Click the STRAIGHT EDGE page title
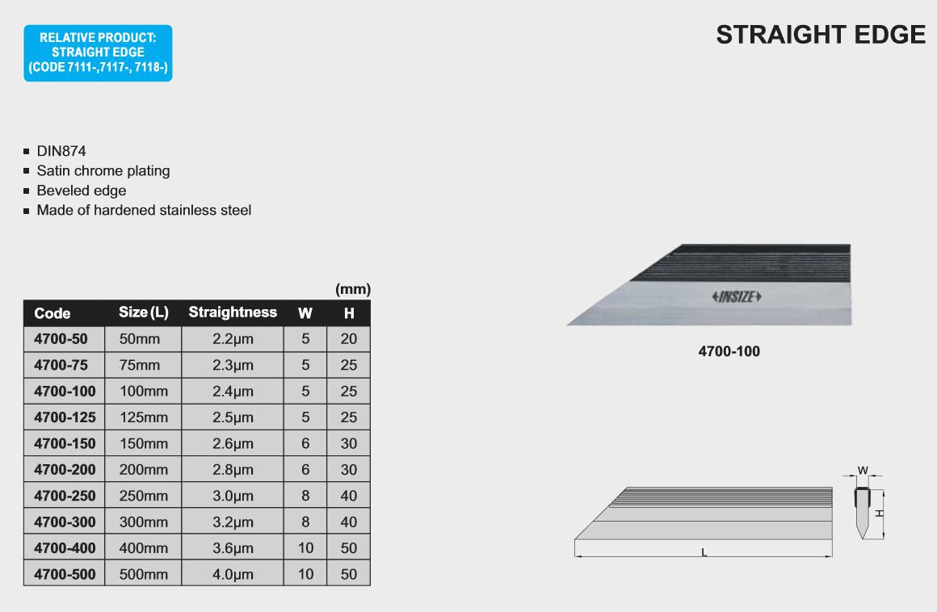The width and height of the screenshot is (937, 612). [x=821, y=35]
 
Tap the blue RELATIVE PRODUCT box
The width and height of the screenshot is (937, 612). [x=98, y=52]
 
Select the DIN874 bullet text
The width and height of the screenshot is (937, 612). [x=61, y=151]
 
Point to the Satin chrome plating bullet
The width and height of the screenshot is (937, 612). [x=103, y=171]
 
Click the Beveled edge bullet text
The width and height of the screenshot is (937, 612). [x=82, y=191]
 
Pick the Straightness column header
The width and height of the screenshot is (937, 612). [x=233, y=312]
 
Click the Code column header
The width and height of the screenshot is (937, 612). [x=52, y=313]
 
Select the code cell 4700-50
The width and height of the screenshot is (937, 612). [x=61, y=339]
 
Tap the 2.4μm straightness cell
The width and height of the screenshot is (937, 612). [x=233, y=392]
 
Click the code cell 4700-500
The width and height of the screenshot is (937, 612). [x=65, y=574]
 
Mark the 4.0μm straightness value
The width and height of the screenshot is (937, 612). [x=233, y=574]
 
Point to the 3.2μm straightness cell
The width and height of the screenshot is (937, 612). [x=233, y=522]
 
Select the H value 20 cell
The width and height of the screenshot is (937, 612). [x=349, y=339]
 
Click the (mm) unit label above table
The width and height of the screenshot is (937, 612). [x=353, y=290]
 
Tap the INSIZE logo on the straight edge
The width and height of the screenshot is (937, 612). [x=736, y=297]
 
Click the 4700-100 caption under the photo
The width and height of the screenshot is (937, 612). [x=729, y=351]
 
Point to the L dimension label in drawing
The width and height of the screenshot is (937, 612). [x=704, y=552]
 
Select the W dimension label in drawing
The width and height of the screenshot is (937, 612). [x=863, y=471]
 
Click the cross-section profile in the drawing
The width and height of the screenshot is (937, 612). [x=862, y=513]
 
